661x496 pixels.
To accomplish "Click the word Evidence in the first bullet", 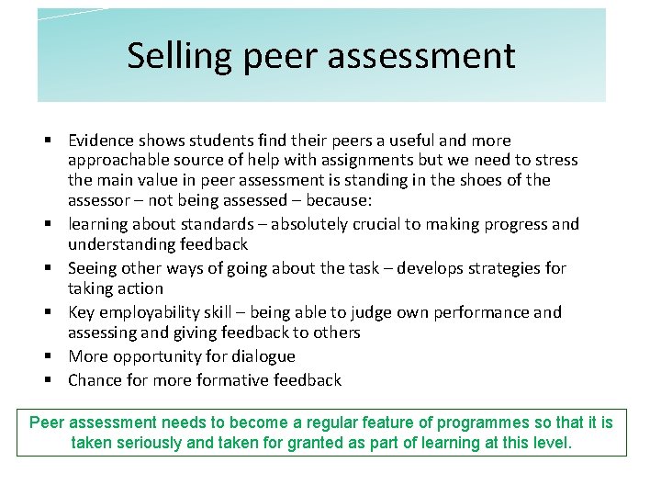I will (102, 141).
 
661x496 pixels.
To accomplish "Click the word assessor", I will (98, 200).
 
